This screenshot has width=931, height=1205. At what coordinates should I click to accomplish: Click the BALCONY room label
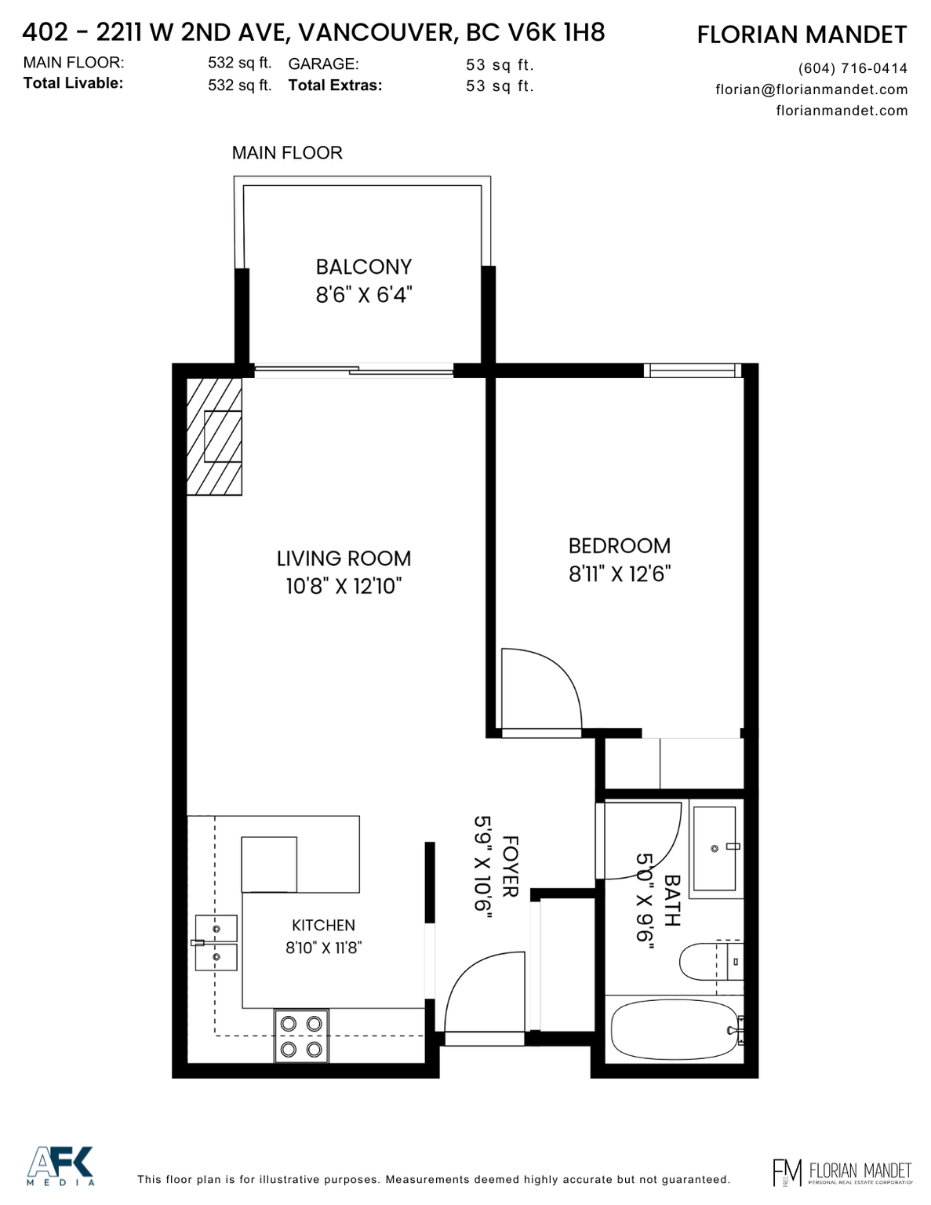pos(363,267)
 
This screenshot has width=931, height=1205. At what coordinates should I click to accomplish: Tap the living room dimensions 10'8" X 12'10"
pos(344,586)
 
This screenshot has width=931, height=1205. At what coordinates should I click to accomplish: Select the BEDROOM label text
pos(620,546)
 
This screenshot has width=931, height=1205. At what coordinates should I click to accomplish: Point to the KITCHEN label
pos(324,925)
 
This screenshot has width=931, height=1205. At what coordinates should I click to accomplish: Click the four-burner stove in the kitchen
pos(301,1036)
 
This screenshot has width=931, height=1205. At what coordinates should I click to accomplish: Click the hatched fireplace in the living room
pos(214,436)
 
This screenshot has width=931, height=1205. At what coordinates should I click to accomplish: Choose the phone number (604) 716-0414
pos(853,68)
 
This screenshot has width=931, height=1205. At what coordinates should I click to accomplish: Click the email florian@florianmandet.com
pos(812,89)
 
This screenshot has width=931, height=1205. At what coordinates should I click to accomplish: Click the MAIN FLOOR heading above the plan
pos(287,152)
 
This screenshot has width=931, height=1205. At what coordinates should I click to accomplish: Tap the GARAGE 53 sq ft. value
pos(500,65)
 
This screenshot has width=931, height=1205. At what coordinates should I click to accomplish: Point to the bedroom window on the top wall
pos(693,370)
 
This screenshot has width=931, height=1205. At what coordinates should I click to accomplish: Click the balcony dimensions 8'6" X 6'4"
pos(364,294)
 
